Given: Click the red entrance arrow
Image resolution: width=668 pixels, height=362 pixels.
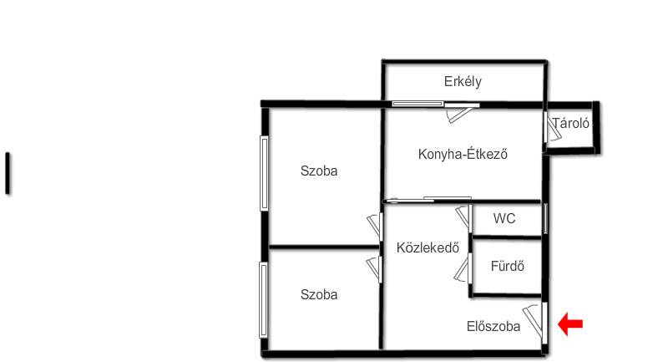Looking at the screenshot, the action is [x=570, y=324].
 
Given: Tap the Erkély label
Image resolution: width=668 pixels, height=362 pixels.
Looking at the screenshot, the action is [x=463, y=81].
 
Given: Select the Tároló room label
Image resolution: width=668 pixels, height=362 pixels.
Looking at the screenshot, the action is [x=571, y=124].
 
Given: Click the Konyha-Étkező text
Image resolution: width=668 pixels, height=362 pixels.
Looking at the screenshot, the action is [x=463, y=154].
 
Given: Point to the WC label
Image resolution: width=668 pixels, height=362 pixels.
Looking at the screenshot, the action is [x=504, y=219].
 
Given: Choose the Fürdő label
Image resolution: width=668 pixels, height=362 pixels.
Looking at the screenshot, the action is [x=507, y=267].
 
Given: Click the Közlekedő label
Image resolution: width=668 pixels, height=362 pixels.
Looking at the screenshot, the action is [x=428, y=247].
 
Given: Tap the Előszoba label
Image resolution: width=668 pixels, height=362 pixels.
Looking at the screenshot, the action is [x=493, y=327].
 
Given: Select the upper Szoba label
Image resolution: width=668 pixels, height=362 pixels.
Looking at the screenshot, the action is [x=319, y=171].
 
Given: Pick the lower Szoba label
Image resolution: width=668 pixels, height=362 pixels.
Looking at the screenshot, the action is [x=319, y=294].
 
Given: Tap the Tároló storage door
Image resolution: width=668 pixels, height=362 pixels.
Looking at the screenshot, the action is [x=552, y=127].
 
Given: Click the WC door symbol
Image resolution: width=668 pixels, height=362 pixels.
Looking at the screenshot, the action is [x=464, y=218].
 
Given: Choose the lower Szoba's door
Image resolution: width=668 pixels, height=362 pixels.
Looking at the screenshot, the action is [x=374, y=269].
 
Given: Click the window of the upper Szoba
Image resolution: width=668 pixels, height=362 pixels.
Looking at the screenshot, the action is [x=264, y=173].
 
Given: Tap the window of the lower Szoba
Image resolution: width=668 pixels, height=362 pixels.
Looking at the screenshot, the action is [x=264, y=300].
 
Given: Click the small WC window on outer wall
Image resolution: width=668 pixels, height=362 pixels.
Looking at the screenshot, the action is [x=545, y=218].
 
